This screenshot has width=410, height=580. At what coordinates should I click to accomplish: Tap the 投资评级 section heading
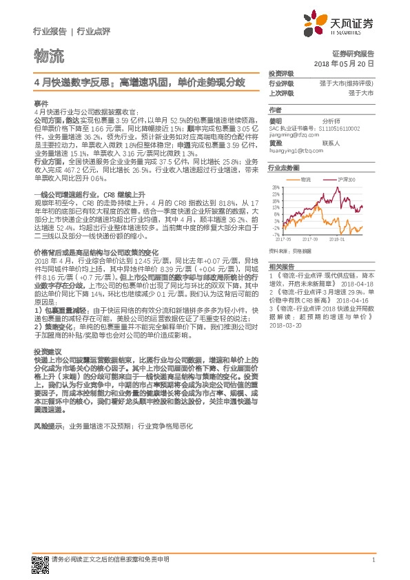[x=281, y=73]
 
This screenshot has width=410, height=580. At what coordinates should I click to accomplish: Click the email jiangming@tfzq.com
[x=293, y=136]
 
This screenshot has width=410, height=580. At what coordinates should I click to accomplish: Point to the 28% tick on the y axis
[x=276, y=187]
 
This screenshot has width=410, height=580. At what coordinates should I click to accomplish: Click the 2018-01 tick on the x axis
[x=338, y=240]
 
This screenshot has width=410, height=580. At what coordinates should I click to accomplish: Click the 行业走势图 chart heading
[x=284, y=168]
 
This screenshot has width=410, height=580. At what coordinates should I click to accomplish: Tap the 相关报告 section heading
[x=281, y=265]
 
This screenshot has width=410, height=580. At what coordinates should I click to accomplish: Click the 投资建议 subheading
[x=47, y=351]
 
